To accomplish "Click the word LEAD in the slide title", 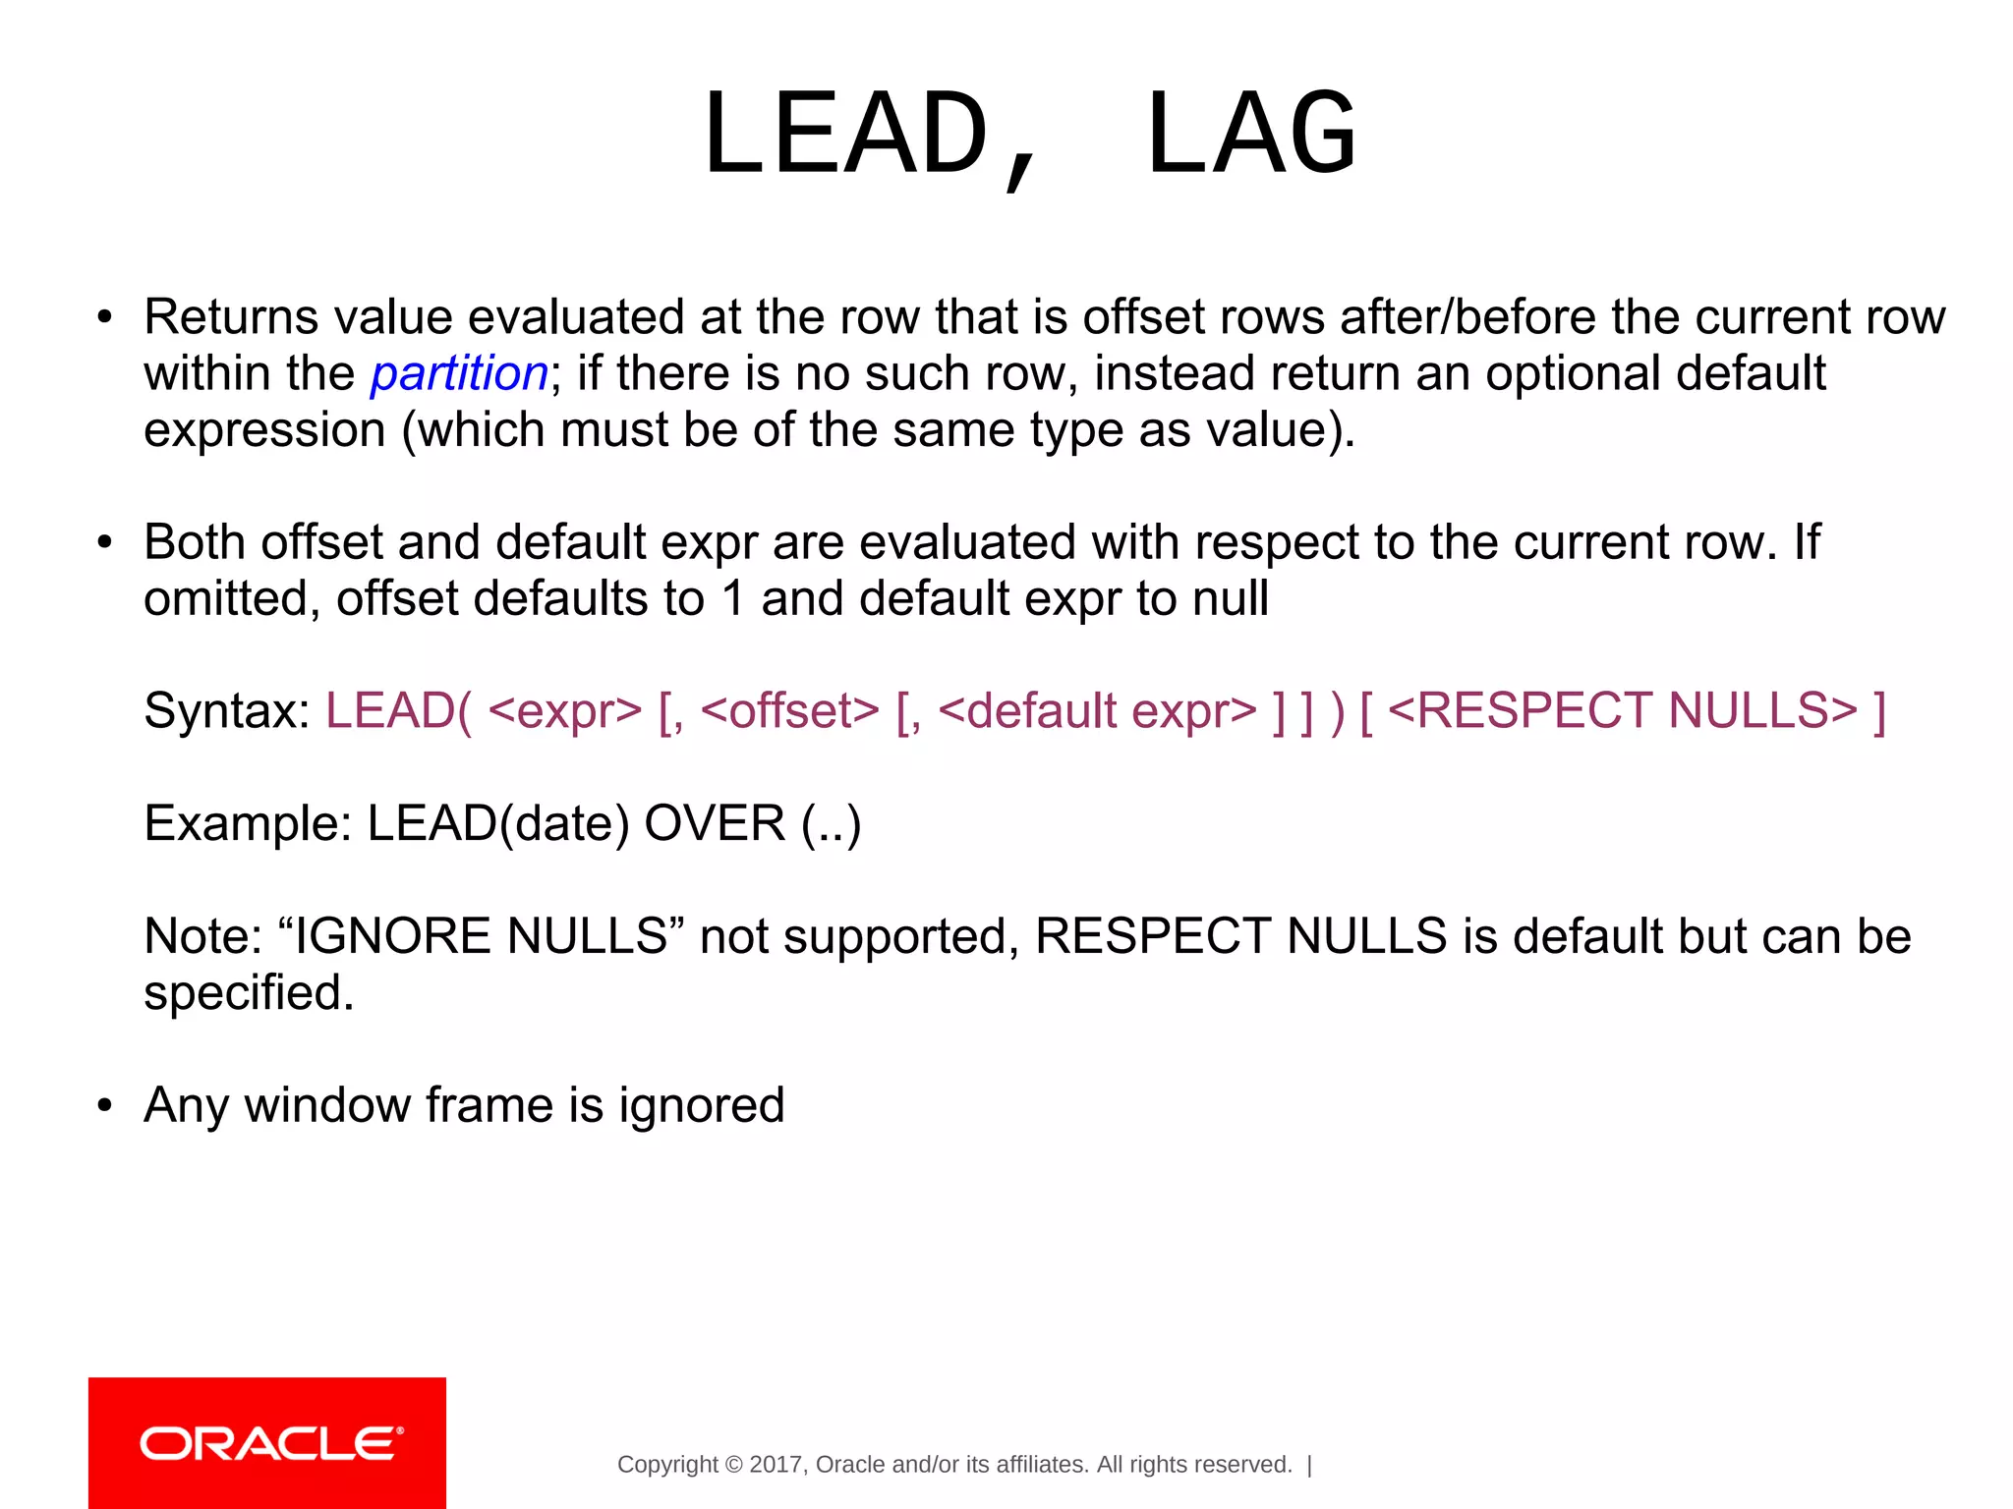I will [845, 135].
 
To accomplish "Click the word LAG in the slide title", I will [1251, 135].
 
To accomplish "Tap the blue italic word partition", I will [459, 374].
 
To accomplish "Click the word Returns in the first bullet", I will [231, 317].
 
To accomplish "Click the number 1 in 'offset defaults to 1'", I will [732, 599].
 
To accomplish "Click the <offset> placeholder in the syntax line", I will [790, 711].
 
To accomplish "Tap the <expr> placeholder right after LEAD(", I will [564, 711].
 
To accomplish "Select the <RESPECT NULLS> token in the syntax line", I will [1623, 711].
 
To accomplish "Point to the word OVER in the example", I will [715, 823].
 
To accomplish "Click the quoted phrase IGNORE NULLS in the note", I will [482, 936].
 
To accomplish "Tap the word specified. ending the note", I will [249, 993].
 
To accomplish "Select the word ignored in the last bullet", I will [702, 1105].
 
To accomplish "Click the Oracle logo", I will [267, 1443].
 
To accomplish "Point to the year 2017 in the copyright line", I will [776, 1465].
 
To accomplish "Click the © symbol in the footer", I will [733, 1465].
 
